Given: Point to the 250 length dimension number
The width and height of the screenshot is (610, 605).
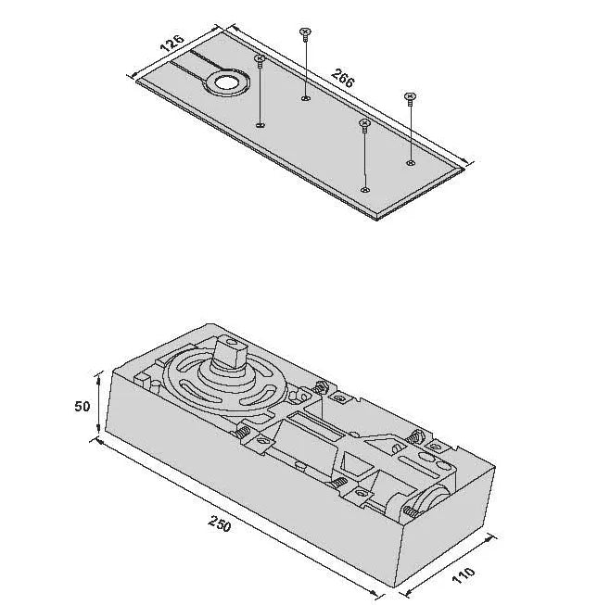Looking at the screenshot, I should tap(219, 524).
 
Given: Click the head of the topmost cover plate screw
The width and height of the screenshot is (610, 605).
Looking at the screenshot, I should tap(305, 32).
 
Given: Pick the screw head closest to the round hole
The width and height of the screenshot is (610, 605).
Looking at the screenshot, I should tap(260, 59).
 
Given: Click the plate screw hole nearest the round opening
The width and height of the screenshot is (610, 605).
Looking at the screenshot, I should tap(260, 125).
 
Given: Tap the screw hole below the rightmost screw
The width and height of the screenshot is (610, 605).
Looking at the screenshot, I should tap(411, 162).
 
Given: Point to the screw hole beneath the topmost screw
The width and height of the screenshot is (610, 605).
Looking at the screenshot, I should tap(305, 97).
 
